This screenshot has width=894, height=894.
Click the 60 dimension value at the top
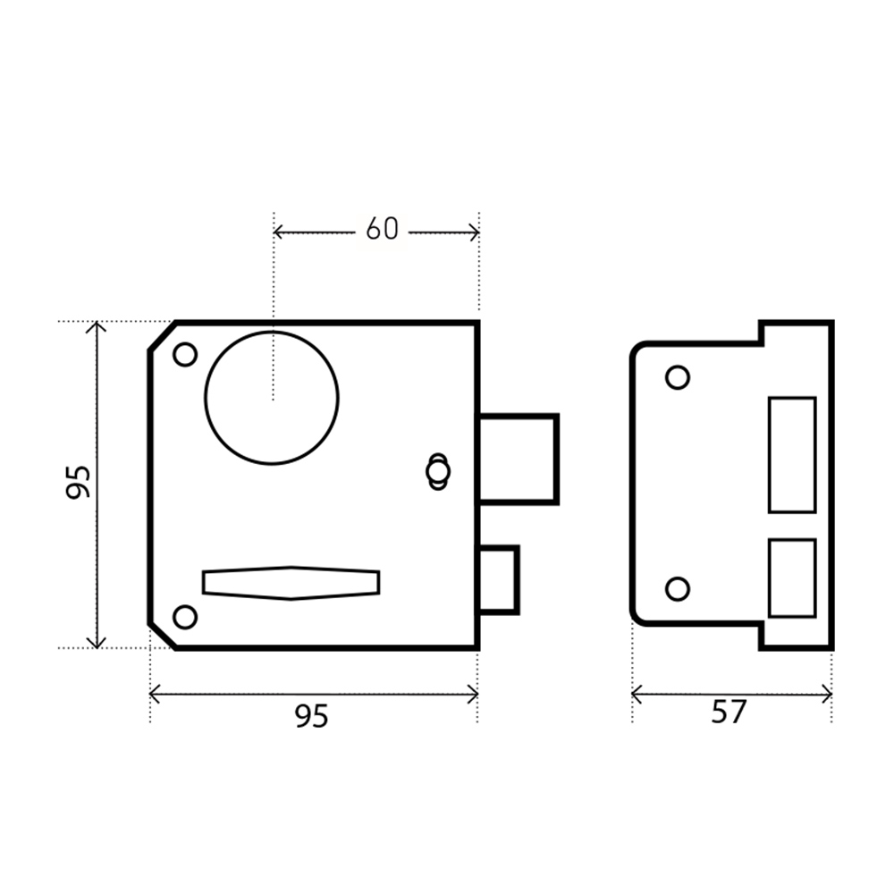[x=382, y=229]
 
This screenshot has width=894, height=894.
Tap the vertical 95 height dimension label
[x=78, y=483]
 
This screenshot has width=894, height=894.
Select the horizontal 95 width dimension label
[x=312, y=716]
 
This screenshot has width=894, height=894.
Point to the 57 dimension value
[x=729, y=713]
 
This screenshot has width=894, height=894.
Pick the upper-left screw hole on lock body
[x=185, y=355]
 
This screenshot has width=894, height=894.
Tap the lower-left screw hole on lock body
[x=185, y=617]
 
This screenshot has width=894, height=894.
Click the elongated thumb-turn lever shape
[x=291, y=583]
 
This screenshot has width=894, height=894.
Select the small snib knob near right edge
[x=438, y=471]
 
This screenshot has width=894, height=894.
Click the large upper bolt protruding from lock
[x=517, y=459]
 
